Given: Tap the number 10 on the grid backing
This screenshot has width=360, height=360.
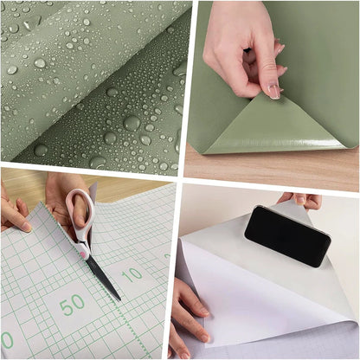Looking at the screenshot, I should click(x=132, y=276).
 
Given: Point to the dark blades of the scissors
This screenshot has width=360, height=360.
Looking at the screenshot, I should click(x=101, y=275).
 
